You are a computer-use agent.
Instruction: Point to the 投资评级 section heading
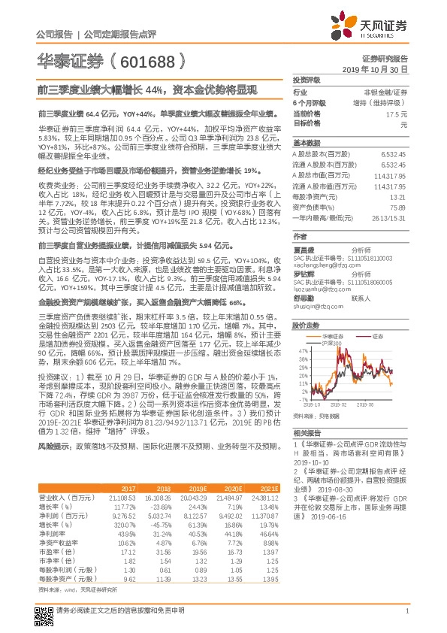(307, 79)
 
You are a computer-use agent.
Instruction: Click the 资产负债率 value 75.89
(397, 207)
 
